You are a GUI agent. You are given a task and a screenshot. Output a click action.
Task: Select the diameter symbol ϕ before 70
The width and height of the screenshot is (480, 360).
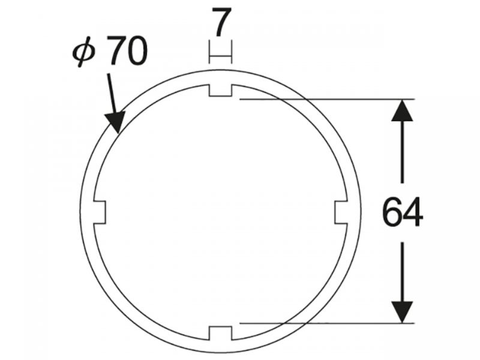coord(84,53)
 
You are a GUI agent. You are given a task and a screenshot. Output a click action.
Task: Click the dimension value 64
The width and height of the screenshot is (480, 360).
coord(403,212)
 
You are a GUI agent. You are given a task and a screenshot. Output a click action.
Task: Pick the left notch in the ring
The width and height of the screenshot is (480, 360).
coord(99,212)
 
